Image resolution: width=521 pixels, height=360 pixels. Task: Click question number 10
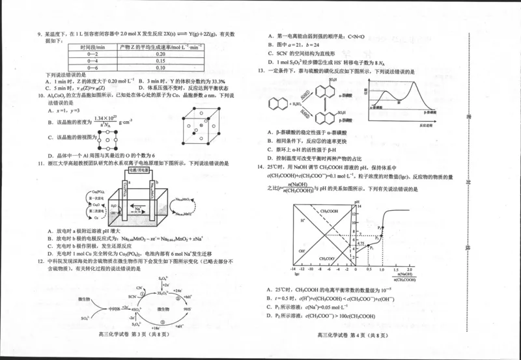(40, 96)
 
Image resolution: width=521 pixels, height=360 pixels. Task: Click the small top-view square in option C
(107, 139)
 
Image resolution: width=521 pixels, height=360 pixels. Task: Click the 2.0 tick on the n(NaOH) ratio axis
(410, 268)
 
